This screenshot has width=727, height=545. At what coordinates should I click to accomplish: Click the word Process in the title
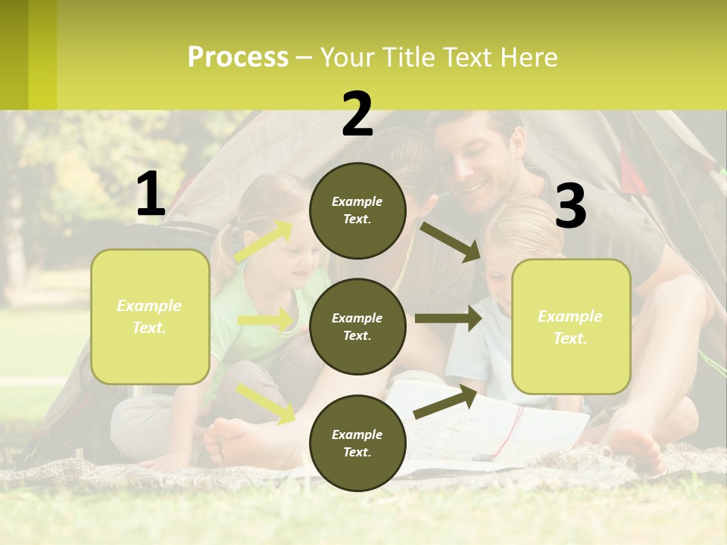point(238,58)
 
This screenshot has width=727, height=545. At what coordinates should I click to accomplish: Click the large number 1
point(151,194)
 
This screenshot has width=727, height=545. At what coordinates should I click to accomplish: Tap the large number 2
point(357,114)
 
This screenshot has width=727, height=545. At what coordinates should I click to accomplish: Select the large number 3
point(570,206)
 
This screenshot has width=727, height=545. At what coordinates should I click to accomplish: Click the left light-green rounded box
point(150,316)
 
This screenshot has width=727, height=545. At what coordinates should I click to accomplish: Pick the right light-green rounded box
point(571,326)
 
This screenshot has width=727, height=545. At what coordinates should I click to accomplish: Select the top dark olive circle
point(357,210)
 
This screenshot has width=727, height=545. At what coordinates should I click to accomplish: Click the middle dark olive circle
point(357,326)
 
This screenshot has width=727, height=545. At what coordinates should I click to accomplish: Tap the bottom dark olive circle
point(357,443)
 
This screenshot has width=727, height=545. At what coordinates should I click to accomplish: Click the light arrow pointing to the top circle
point(264,241)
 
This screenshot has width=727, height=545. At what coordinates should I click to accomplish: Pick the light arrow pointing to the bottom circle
point(266,402)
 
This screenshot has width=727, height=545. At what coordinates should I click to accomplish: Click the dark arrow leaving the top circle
point(451,241)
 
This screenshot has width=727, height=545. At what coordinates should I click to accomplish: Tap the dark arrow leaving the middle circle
point(448,319)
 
